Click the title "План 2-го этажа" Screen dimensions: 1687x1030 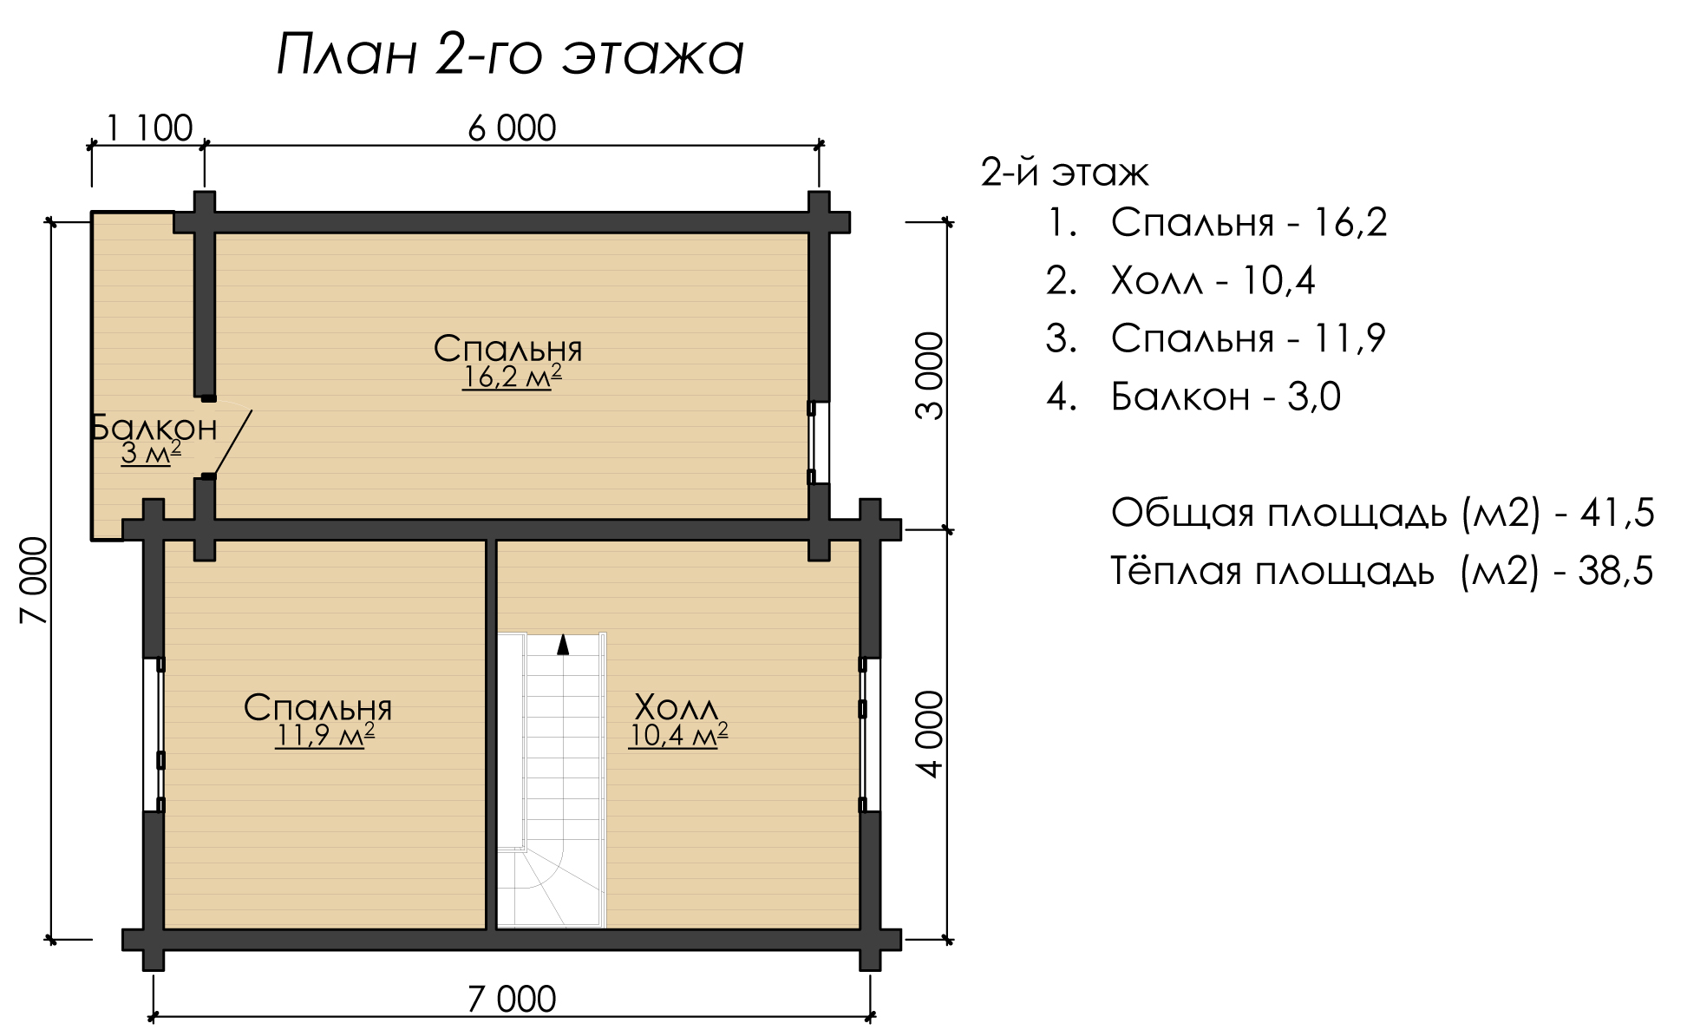(510, 56)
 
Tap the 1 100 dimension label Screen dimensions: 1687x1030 (148, 128)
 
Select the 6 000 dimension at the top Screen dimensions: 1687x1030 (512, 128)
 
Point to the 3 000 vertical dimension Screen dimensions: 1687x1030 (929, 376)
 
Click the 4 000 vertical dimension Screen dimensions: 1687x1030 (929, 734)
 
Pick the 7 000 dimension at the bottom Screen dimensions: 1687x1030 (511, 1000)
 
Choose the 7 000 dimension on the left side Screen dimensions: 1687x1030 (34, 581)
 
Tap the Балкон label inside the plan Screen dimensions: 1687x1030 (154, 428)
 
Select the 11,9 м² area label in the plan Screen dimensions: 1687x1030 (324, 736)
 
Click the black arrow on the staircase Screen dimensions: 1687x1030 (563, 644)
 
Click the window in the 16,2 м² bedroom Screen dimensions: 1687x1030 (812, 442)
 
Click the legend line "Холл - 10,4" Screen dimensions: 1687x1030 (1180, 280)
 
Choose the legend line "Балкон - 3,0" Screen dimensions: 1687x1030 (1193, 397)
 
